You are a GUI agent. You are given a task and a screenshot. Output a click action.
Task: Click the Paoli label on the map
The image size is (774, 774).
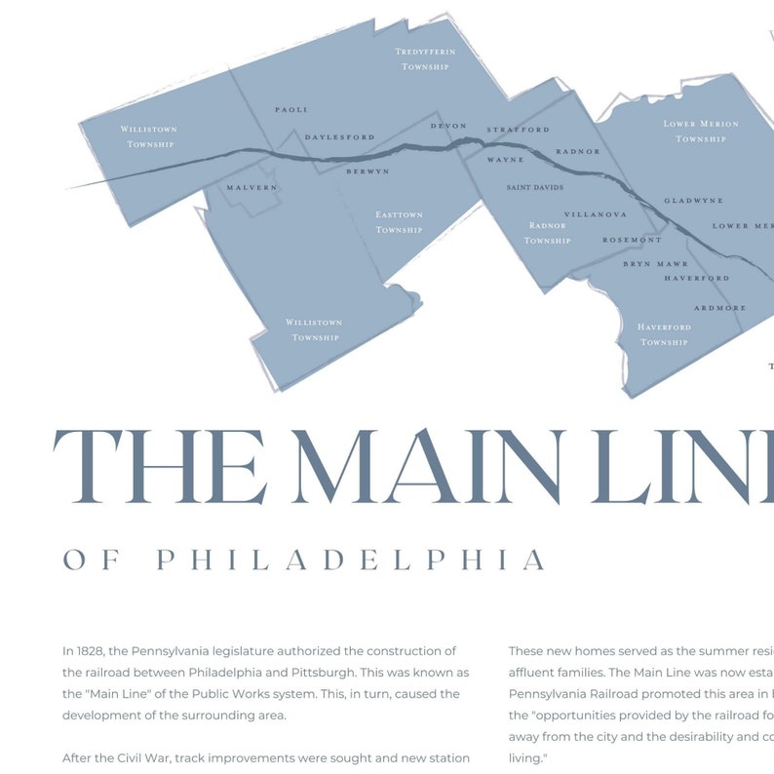click(x=290, y=110)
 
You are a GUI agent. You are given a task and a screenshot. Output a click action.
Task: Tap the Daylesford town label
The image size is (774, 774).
click(x=339, y=137)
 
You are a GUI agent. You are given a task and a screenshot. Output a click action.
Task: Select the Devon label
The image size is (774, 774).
click(x=448, y=126)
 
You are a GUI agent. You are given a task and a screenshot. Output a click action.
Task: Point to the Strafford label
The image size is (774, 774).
click(x=519, y=130)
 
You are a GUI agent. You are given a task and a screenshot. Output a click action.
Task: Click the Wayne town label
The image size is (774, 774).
click(x=506, y=159)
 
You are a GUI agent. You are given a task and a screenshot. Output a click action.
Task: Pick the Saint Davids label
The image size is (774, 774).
click(x=535, y=187)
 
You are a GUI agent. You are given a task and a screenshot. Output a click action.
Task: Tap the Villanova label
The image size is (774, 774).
click(x=596, y=214)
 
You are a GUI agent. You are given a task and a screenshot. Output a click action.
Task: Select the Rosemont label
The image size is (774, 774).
click(x=632, y=240)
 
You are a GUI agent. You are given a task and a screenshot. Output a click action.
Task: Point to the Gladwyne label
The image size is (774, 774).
click(x=693, y=201)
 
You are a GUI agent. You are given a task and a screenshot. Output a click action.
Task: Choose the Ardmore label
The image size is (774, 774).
click(x=720, y=308)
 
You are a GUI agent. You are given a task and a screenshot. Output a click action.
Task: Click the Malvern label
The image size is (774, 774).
click(x=252, y=187)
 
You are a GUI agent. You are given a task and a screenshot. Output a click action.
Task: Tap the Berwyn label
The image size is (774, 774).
click(x=368, y=172)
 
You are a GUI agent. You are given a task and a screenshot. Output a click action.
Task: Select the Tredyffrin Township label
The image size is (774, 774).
click(x=425, y=58)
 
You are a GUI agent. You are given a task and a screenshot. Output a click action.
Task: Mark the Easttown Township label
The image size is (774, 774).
click(x=400, y=222)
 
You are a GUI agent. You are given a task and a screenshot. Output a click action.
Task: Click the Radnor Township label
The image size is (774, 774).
click(x=547, y=233)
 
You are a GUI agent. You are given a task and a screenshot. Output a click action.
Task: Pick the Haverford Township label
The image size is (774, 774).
click(x=664, y=334)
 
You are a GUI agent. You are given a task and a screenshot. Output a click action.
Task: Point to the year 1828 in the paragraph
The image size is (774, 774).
click(x=92, y=651)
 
